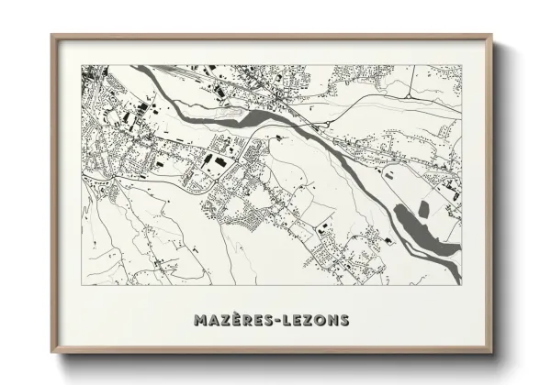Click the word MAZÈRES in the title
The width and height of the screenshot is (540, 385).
tap(231, 320)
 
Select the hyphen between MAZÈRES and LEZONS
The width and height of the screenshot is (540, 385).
tap(272, 321)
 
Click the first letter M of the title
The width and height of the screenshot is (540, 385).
tap(201, 320)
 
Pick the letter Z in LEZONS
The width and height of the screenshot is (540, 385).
tap(304, 320)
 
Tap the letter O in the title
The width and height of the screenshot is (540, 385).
tap(317, 320)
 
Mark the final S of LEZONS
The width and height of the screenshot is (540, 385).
tap(343, 320)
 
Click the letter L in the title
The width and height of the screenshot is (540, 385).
tap(282, 320)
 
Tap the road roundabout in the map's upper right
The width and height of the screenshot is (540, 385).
tap(409, 94)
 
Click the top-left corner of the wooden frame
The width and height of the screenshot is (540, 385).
tap(52, 36)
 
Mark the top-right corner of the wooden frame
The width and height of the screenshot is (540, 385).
tap(491, 36)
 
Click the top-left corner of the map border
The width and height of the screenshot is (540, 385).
tap(82, 65)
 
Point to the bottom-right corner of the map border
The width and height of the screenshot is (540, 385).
tap(461, 284)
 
